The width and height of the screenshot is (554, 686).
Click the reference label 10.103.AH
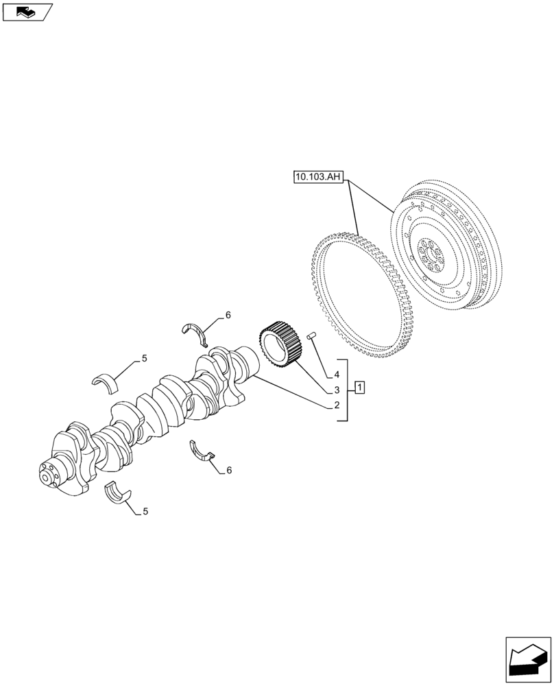[x=317, y=178]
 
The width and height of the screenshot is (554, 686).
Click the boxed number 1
[x=361, y=389]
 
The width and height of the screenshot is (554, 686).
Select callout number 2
[x=337, y=405]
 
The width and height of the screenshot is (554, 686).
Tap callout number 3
[x=337, y=390]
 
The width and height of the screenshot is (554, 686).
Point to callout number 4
[x=337, y=375]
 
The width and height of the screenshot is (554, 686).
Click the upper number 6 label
[x=228, y=316]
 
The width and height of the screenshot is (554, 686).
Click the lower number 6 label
[x=229, y=470]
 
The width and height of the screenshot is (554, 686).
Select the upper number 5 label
[x=144, y=358]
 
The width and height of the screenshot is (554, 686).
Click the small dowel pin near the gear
[x=311, y=335]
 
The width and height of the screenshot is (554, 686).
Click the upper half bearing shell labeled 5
[x=106, y=380]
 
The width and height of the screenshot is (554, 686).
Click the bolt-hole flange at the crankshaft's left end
[x=48, y=475]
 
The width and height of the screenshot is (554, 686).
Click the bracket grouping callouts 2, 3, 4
[x=347, y=390]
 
